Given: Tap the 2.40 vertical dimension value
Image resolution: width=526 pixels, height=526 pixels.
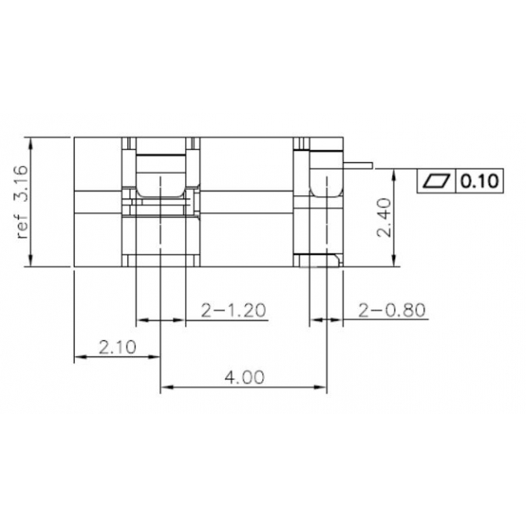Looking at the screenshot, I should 383,219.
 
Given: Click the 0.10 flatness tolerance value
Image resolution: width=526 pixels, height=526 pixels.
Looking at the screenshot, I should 479,181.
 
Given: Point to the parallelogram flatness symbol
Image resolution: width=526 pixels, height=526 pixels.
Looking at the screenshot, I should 437,181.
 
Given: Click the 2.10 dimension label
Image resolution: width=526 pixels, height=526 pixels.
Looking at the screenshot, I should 117,346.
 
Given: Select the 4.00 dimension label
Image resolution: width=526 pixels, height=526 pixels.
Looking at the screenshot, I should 243,377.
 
